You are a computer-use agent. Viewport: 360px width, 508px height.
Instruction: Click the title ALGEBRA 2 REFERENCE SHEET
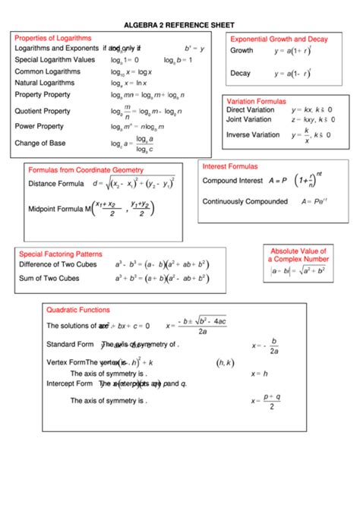pyautogui.click(x=181, y=24)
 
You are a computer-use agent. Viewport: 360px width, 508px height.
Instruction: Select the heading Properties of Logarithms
pyautogui.click(x=53, y=37)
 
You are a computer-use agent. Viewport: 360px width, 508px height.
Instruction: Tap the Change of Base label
pyautogui.click(x=41, y=142)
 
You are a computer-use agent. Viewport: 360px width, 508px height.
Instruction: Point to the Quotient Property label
pyautogui.click(x=43, y=111)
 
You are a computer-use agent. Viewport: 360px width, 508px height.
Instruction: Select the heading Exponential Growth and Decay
pyautogui.click(x=279, y=39)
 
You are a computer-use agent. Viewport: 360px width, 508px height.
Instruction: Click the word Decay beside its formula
pyautogui.click(x=241, y=74)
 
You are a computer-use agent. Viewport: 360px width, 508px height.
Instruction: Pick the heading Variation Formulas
pyautogui.click(x=256, y=100)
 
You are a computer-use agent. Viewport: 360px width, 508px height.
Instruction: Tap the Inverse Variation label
pyautogui.click(x=253, y=134)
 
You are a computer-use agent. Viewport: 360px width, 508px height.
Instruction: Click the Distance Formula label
pyautogui.click(x=56, y=184)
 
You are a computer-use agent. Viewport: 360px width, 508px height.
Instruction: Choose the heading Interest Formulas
pyautogui.click(x=229, y=166)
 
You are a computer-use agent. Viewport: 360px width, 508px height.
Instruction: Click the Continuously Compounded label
pyautogui.click(x=245, y=201)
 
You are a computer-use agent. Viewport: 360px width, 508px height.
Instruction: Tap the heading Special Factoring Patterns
pyautogui.click(x=60, y=254)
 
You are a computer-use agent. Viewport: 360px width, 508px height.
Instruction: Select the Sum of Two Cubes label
pyautogui.click(x=49, y=278)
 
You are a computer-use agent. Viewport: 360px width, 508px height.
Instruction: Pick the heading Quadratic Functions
pyautogui.click(x=78, y=310)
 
